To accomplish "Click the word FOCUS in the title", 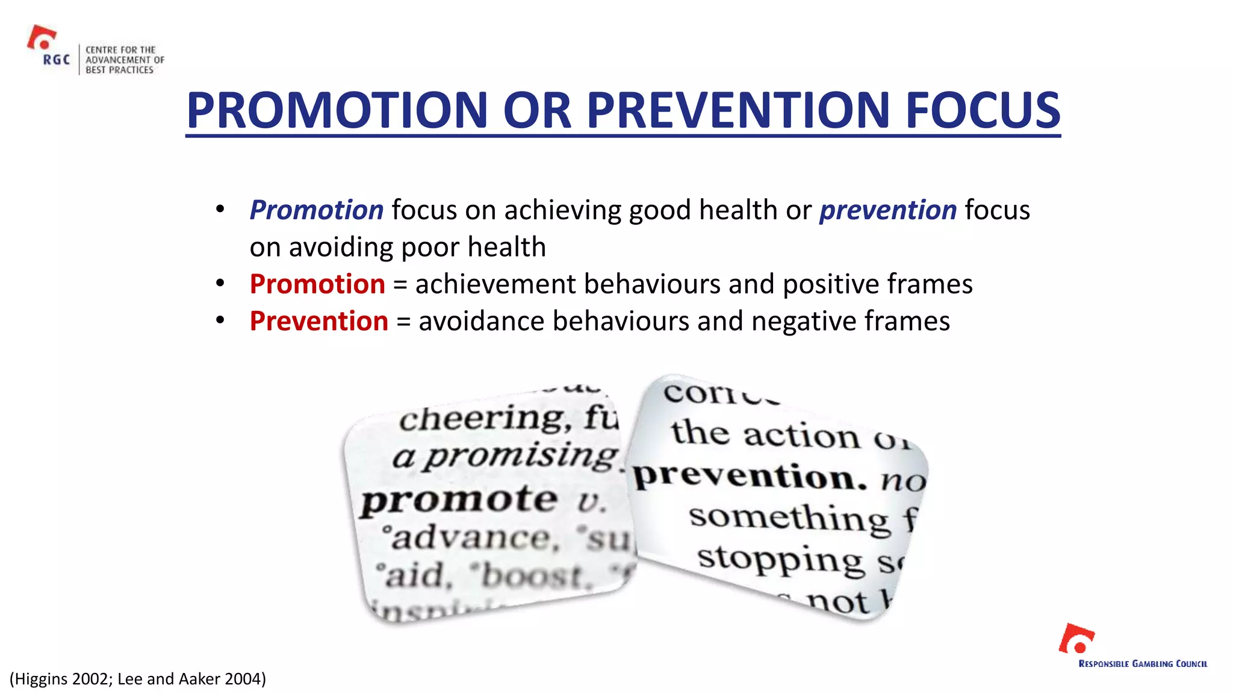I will [983, 110].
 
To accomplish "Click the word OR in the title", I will [536, 110].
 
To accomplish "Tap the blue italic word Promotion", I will [317, 210].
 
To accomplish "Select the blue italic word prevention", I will [888, 210].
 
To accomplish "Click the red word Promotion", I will [317, 284].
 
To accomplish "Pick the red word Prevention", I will [319, 321].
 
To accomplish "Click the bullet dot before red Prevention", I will [220, 320].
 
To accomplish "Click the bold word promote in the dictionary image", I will [459, 500].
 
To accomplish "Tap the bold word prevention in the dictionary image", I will [750, 477].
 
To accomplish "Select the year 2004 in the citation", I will [241, 679].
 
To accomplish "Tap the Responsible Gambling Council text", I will [1143, 664].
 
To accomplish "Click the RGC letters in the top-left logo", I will [56, 60].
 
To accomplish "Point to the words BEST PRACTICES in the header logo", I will [119, 70].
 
